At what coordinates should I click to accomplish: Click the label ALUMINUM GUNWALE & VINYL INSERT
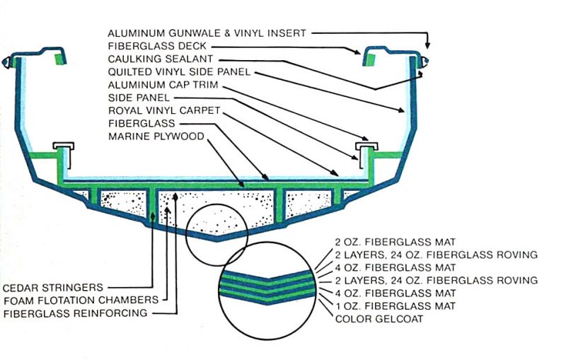tap(207, 33)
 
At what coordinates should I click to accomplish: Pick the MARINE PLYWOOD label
tap(156, 136)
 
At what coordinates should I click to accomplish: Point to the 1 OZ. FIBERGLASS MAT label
tap(396, 306)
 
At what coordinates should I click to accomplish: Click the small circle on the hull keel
tap(216, 235)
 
